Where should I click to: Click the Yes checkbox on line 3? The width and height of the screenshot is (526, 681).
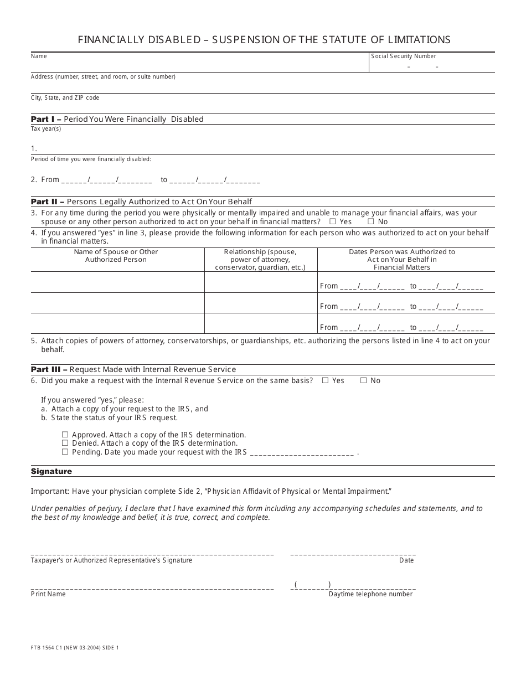tap(332, 222)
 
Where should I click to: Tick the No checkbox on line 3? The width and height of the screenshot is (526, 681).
tap(370, 222)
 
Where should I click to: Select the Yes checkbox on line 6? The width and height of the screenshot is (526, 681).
tap(325, 380)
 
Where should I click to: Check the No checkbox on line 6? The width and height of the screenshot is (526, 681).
tap(363, 380)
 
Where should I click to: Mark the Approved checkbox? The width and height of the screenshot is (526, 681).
tap(65, 435)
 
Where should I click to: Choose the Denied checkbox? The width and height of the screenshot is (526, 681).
tap(65, 443)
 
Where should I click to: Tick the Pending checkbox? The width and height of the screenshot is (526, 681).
tap(65, 452)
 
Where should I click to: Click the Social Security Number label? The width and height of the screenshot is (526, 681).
tap(404, 56)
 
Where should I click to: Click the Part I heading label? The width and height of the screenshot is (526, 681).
tap(46, 119)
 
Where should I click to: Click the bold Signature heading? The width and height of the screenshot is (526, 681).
tap(51, 472)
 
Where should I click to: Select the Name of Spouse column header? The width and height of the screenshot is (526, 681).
tap(116, 256)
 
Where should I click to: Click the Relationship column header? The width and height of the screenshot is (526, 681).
tap(260, 260)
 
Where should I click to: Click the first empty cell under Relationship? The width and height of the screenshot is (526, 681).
tap(260, 282)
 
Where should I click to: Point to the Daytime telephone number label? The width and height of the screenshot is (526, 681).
tap(370, 594)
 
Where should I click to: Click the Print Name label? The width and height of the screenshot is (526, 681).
tap(48, 594)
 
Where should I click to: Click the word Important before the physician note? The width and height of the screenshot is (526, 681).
tap(50, 492)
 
